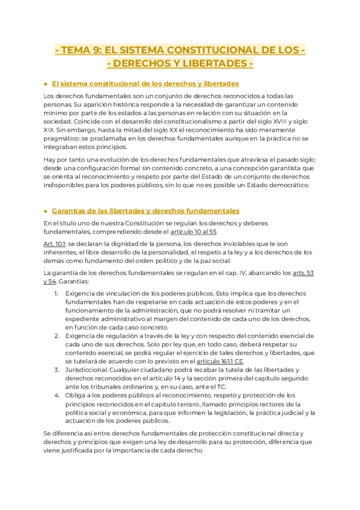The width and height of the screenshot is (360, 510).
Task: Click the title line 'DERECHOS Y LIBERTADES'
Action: (180, 64)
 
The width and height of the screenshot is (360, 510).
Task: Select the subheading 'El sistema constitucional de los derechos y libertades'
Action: (145, 84)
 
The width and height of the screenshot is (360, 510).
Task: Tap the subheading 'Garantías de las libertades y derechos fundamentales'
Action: (145, 210)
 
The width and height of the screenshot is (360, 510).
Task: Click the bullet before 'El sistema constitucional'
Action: (46, 84)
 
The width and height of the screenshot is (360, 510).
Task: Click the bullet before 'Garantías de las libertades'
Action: (46, 211)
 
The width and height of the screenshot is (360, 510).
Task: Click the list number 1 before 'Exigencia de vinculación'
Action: (56, 293)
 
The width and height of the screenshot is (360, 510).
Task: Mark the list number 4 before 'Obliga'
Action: (56, 395)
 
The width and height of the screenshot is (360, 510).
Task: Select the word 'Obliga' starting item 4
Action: (75, 395)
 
